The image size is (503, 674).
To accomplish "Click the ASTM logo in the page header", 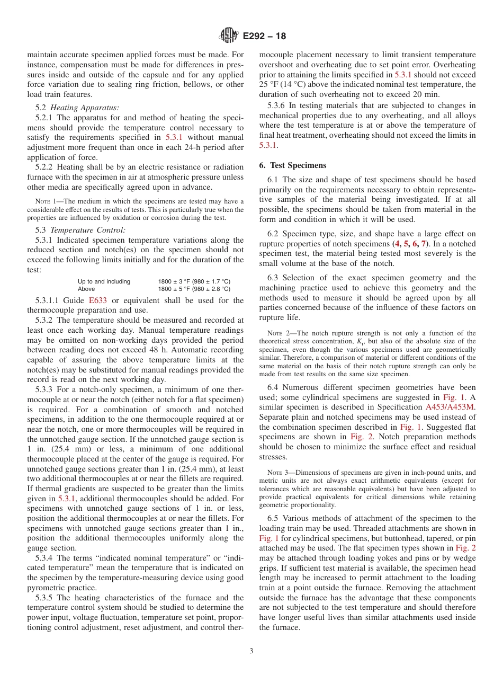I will tap(229, 36).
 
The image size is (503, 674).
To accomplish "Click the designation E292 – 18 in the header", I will tap(264, 36).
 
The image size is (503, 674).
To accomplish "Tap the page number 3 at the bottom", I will tap(251, 651).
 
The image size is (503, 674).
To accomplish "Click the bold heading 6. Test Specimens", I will tap(293, 165).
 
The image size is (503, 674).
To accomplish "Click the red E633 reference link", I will tap(97, 300).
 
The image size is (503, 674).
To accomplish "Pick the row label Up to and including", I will tap(104, 281).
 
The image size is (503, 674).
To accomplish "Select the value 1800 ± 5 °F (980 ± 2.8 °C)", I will tap(194, 289).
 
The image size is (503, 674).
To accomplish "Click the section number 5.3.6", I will tap(279, 105).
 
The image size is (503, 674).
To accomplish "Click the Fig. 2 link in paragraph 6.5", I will tap(466, 548).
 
